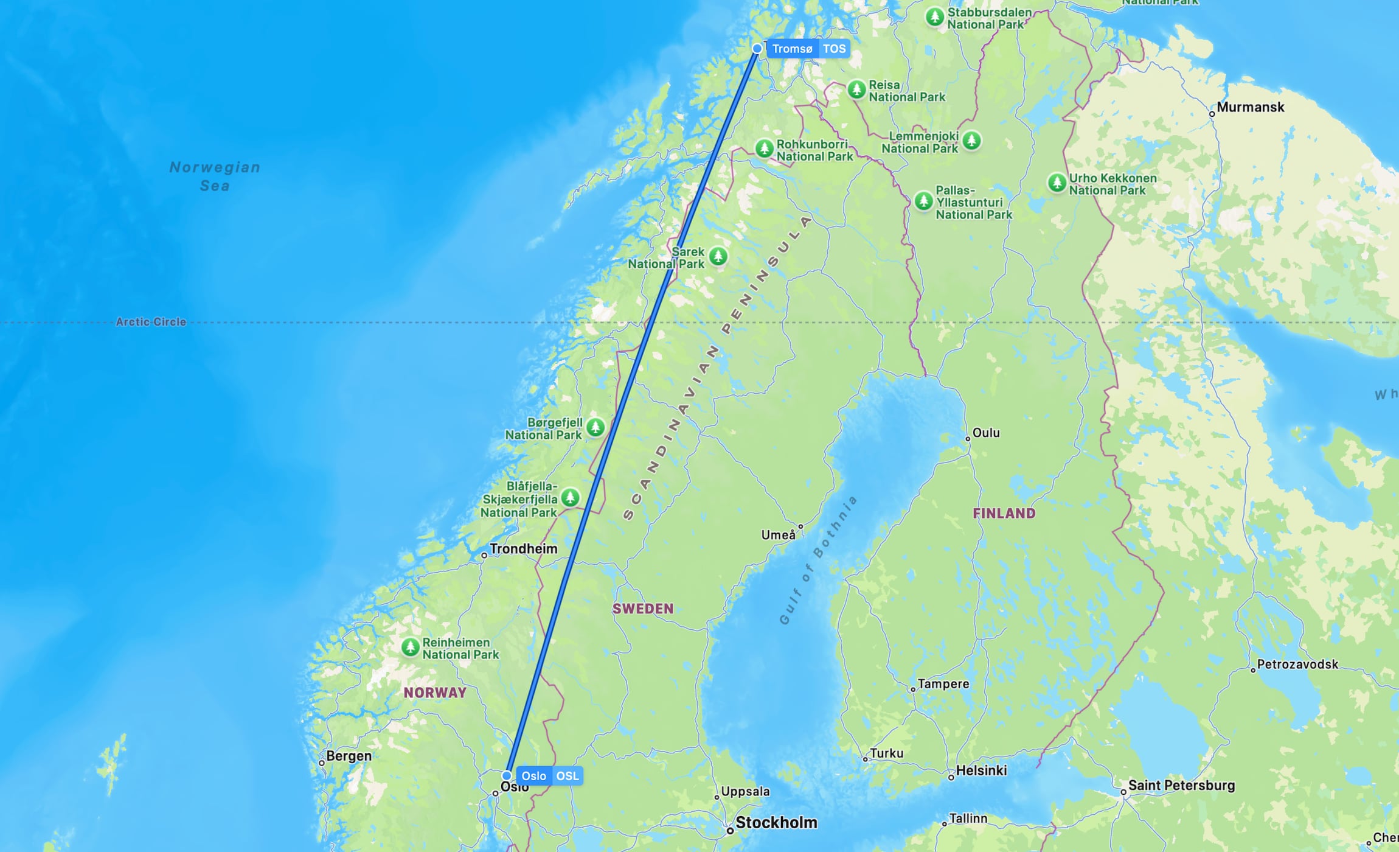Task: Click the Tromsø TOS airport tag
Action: tap(808, 49)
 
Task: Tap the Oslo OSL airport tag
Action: tap(549, 776)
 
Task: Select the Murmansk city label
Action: tap(1250, 107)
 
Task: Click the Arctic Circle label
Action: tap(151, 322)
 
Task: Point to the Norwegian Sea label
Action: tap(215, 176)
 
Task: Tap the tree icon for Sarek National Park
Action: tap(718, 256)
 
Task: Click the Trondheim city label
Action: tap(523, 549)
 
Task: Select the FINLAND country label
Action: tap(1004, 513)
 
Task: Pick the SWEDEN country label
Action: tap(643, 609)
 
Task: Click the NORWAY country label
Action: tap(435, 693)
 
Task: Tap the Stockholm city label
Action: tap(776, 823)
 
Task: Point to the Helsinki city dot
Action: tap(951, 777)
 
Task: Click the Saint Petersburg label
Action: tap(1181, 785)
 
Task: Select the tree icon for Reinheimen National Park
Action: tap(411, 647)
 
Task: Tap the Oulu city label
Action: tap(985, 433)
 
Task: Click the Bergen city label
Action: tap(349, 756)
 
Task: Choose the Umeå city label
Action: tap(778, 535)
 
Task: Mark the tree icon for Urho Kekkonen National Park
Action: tap(1057, 182)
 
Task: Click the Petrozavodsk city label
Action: tap(1297, 664)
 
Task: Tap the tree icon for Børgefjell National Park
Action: tap(595, 427)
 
